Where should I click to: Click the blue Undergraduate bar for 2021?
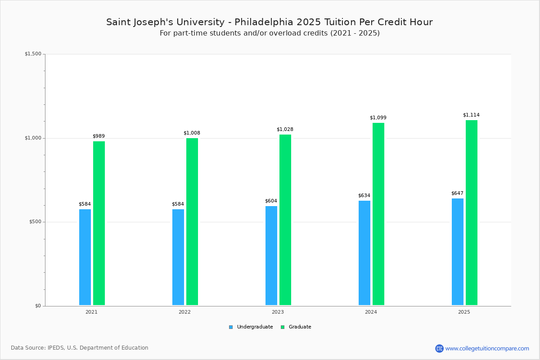(85, 257)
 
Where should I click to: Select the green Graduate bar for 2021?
(99, 223)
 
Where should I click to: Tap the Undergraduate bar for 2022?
(178, 257)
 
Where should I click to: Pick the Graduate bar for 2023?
(285, 220)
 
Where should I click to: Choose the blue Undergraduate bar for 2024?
(364, 253)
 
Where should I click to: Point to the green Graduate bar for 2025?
(472, 212)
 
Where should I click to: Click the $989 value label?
(99, 136)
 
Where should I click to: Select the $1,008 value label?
(192, 133)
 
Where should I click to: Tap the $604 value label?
(271, 201)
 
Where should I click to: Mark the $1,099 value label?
(378, 118)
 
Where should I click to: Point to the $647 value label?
(457, 193)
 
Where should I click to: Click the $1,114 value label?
(471, 115)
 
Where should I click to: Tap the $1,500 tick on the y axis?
(33, 54)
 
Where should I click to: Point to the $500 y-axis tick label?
(34, 222)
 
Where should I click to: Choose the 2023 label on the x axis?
(278, 312)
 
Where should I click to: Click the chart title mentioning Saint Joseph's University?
(270, 22)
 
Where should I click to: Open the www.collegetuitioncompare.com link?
(487, 348)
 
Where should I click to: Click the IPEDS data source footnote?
(80, 348)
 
